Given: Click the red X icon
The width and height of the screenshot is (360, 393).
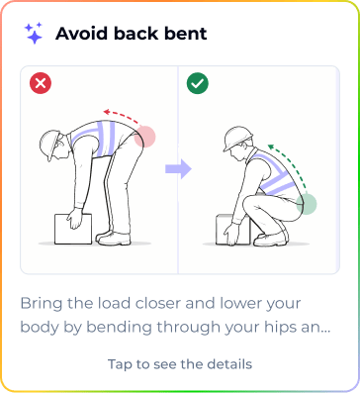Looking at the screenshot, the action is (41, 83).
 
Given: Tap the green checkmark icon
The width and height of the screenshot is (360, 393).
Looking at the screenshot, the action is (198, 83).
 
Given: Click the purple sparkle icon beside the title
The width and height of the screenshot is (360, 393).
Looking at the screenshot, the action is (34, 33).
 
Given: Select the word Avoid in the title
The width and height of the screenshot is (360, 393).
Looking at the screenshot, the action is (81, 34).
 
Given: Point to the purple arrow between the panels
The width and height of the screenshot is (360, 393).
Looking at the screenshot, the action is (178, 168).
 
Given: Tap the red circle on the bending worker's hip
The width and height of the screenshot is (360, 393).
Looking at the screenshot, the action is (144, 137).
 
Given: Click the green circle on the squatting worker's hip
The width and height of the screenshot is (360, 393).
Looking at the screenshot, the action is (307, 204).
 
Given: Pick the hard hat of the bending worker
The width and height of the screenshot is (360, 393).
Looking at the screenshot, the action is (50, 145).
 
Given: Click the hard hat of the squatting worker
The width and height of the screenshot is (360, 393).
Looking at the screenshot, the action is (237, 138).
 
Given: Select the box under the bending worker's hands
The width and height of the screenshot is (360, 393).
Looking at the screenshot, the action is (73, 229).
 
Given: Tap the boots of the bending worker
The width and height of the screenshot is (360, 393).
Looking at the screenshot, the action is (113, 239).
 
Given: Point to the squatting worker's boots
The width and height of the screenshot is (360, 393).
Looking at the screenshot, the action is (271, 239).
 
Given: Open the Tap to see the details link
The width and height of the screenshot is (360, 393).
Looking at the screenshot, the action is (180, 364).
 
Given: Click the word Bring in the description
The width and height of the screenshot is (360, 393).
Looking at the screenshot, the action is (42, 304).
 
